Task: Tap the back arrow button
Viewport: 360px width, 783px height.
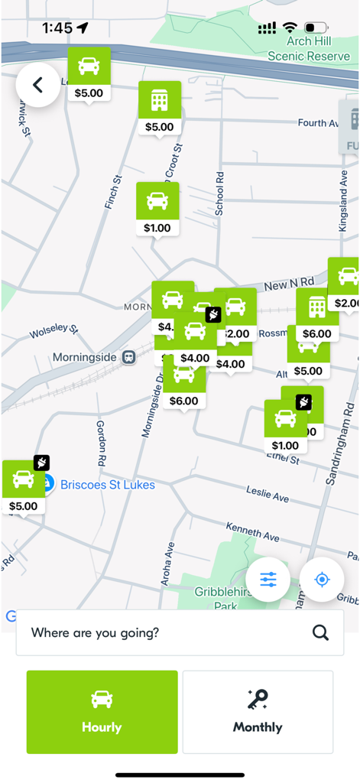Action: pyautogui.click(x=37, y=85)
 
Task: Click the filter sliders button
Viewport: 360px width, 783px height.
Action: pyautogui.click(x=268, y=580)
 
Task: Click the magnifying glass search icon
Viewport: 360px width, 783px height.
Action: pyautogui.click(x=320, y=632)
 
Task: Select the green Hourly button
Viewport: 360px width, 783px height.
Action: pyautogui.click(x=102, y=712)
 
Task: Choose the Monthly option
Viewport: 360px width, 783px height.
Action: pyautogui.click(x=258, y=712)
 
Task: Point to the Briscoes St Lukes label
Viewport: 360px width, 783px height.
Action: pyautogui.click(x=107, y=485)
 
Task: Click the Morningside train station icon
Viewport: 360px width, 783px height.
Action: pyautogui.click(x=129, y=357)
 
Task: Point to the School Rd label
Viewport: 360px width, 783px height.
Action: pyautogui.click(x=220, y=193)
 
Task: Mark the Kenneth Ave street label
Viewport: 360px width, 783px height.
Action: pyautogui.click(x=252, y=532)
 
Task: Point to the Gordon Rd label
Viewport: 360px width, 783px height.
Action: pyautogui.click(x=100, y=443)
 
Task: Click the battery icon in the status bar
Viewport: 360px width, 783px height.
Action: pyautogui.click(x=315, y=28)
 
